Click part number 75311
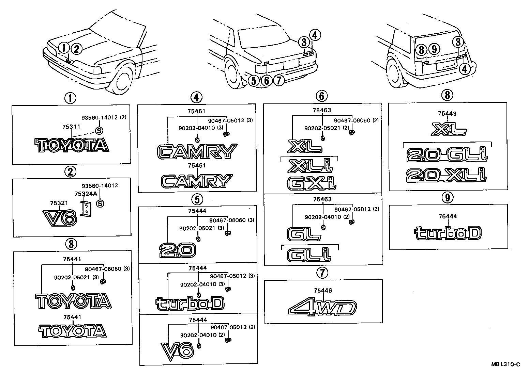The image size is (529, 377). (71, 127)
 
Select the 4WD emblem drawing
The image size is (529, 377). (322, 308)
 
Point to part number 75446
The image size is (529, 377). (323, 290)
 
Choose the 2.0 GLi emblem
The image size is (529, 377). (447, 155)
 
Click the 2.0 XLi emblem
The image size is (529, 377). (447, 175)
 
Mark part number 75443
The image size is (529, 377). (448, 114)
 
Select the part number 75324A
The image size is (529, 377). (84, 194)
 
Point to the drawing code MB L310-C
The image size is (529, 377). (505, 364)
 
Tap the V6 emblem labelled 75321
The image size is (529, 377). (60, 218)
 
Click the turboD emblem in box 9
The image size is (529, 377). (448, 233)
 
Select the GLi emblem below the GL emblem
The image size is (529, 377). (309, 255)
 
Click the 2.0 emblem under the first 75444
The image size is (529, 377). (177, 250)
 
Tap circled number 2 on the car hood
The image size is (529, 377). (77, 49)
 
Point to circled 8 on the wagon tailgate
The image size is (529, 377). (421, 50)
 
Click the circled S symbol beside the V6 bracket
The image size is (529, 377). (100, 203)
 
